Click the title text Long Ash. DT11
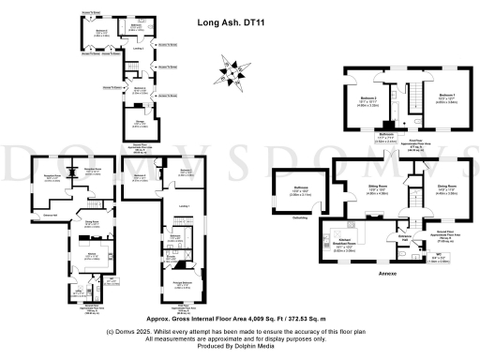(x=228, y=27)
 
